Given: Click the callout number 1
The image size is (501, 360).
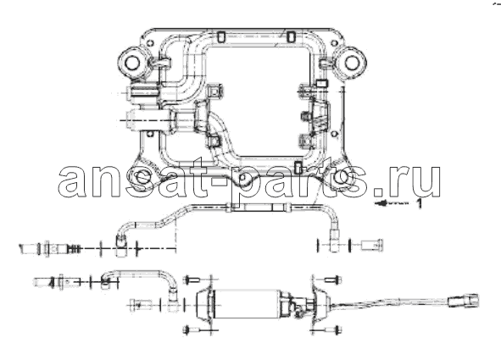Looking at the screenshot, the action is click(419, 203).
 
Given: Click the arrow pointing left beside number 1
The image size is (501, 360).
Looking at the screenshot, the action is click(392, 203).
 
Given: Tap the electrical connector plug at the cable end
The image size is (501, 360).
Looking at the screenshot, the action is click(464, 301).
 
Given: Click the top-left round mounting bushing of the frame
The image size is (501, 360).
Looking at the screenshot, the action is click(132, 63).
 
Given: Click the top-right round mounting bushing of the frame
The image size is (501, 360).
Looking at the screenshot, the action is click(352, 62).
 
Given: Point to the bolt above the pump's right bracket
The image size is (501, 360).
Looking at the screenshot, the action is click(333, 280).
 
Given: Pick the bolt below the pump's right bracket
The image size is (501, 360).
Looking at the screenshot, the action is click(333, 330).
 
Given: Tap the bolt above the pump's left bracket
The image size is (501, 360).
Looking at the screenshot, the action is click(192, 280).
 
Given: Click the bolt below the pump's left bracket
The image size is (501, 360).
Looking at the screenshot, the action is click(192, 330).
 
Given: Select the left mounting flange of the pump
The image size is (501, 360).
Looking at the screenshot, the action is click(204, 303).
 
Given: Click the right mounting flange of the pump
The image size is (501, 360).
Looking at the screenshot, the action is click(318, 303).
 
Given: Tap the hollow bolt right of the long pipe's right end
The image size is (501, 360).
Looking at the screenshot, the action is click(372, 245).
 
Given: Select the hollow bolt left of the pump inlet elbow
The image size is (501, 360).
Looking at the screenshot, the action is click(140, 305).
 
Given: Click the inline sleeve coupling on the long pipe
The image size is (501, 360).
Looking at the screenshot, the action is click(259, 208).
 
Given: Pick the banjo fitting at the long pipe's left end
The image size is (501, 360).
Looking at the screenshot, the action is click(120, 246).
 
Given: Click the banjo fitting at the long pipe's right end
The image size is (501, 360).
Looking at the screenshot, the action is click(335, 241).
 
